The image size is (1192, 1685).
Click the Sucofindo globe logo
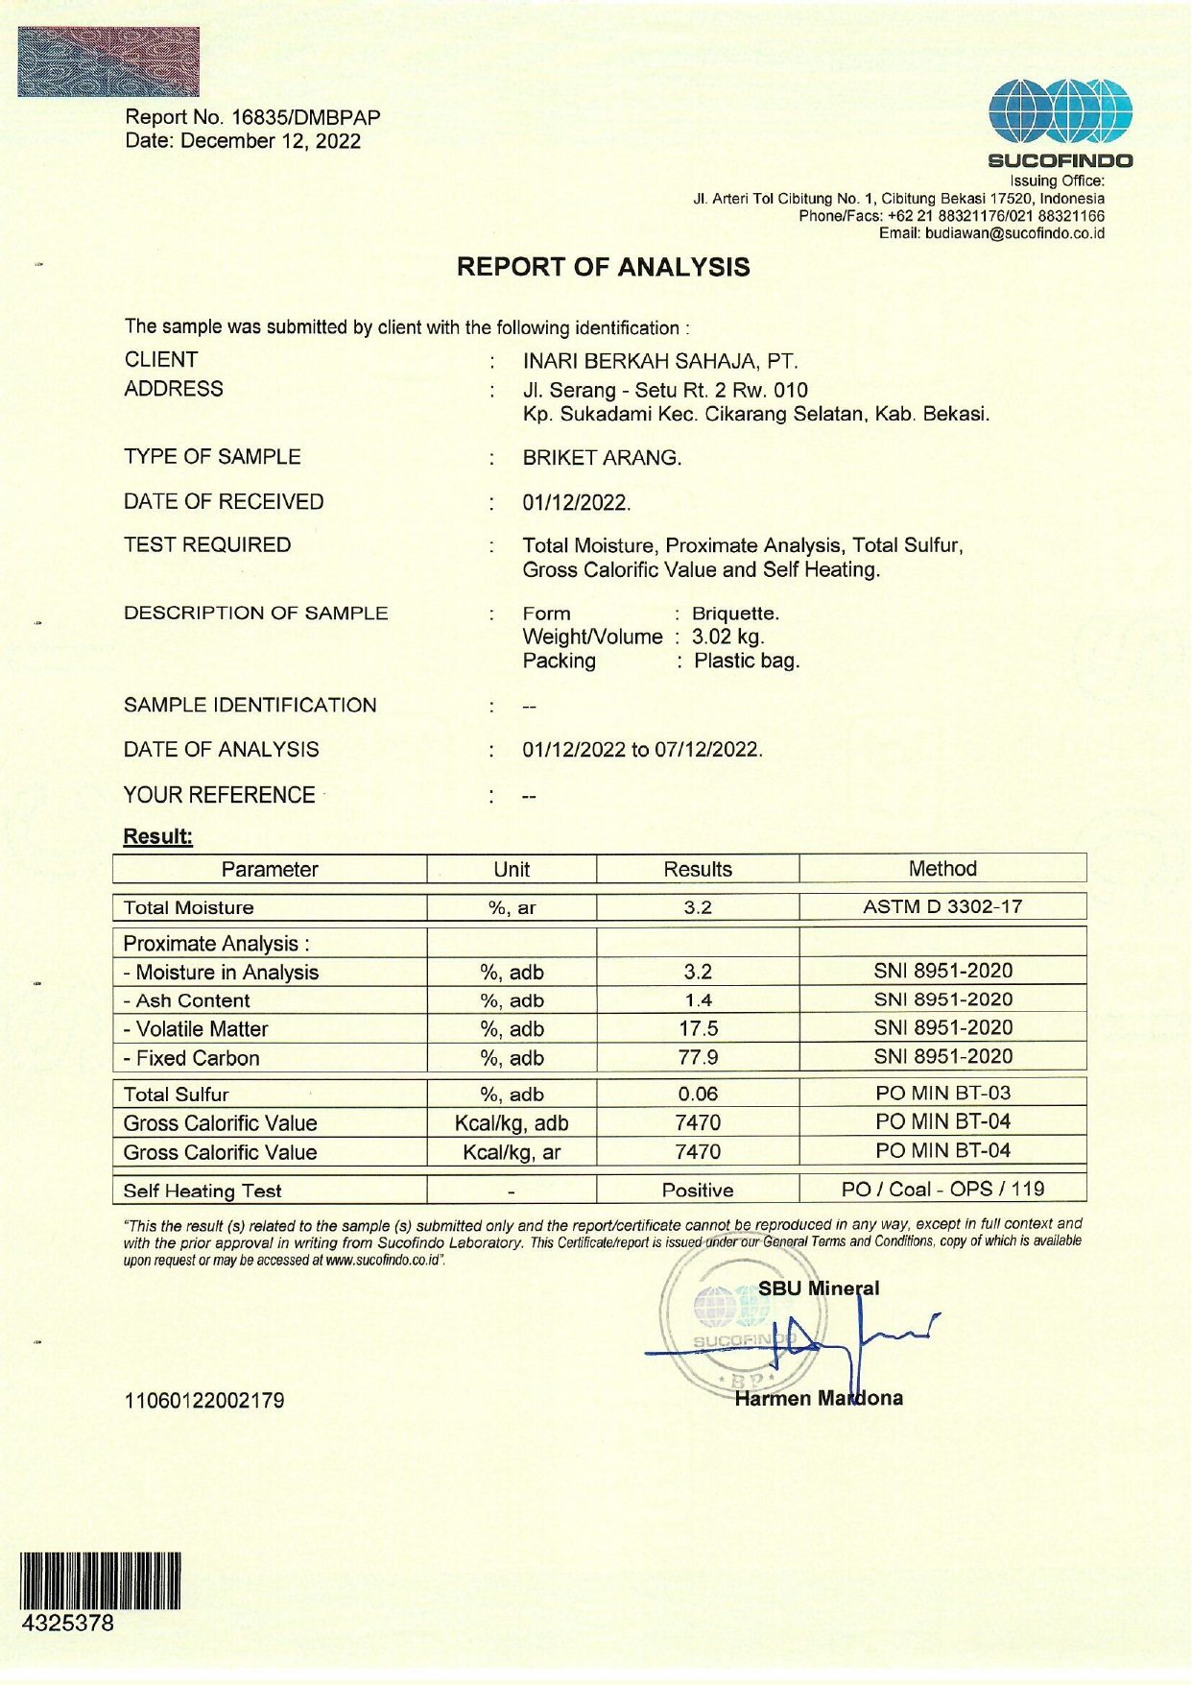pyautogui.click(x=1061, y=113)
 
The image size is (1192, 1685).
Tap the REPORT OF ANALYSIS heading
pyautogui.click(x=603, y=267)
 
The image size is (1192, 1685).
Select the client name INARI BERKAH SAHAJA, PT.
pyautogui.click(x=660, y=361)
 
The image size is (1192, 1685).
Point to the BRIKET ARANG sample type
pyautogui.click(x=602, y=458)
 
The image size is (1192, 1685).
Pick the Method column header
pyautogui.click(x=942, y=869)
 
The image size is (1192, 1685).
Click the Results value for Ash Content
pyautogui.click(x=698, y=1000)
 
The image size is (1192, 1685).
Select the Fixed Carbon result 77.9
pyautogui.click(x=698, y=1058)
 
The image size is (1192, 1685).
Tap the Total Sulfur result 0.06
pyautogui.click(x=698, y=1094)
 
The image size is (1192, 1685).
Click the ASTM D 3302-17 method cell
pyautogui.click(x=942, y=906)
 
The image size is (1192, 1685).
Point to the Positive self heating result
pyautogui.click(x=698, y=1191)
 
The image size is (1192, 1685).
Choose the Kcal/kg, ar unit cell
pyautogui.click(x=512, y=1152)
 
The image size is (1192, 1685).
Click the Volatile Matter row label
pyautogui.click(x=196, y=1029)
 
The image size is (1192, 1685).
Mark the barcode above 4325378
pyautogui.click(x=100, y=1580)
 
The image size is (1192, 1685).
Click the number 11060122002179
pyautogui.click(x=204, y=1400)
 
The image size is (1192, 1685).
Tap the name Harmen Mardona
pyautogui.click(x=819, y=1398)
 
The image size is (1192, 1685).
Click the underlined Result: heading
pyautogui.click(x=158, y=836)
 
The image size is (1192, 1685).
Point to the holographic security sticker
pyautogui.click(x=108, y=61)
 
